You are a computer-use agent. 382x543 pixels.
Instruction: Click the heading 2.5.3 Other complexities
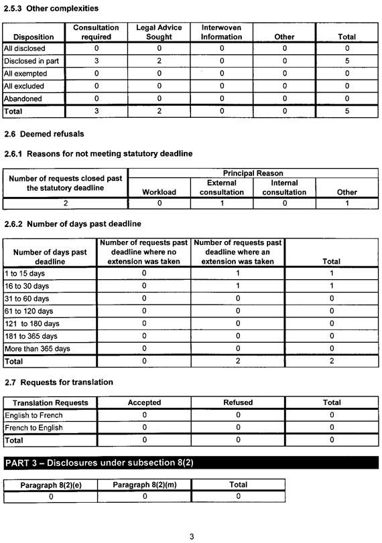[51, 9]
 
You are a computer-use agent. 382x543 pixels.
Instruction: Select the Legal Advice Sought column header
[159, 32]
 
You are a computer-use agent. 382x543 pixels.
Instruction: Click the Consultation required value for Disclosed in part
[96, 61]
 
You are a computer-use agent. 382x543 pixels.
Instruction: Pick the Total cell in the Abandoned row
[346, 98]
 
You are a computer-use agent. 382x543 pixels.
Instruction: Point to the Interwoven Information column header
[222, 32]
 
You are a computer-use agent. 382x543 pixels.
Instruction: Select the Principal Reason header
[253, 173]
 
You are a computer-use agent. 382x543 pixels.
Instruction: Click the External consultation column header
[222, 187]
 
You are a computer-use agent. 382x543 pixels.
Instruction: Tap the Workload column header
[160, 192]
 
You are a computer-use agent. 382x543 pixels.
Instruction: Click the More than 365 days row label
[36, 348]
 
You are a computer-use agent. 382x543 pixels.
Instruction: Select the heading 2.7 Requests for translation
[59, 382]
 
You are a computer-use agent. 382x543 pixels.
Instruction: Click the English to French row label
[34, 415]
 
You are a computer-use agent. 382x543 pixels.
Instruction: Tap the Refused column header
[238, 402]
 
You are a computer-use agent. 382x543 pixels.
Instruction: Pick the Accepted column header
[144, 402]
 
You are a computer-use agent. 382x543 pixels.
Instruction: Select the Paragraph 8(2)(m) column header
[144, 485]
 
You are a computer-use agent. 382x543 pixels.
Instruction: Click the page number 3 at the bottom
[192, 536]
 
